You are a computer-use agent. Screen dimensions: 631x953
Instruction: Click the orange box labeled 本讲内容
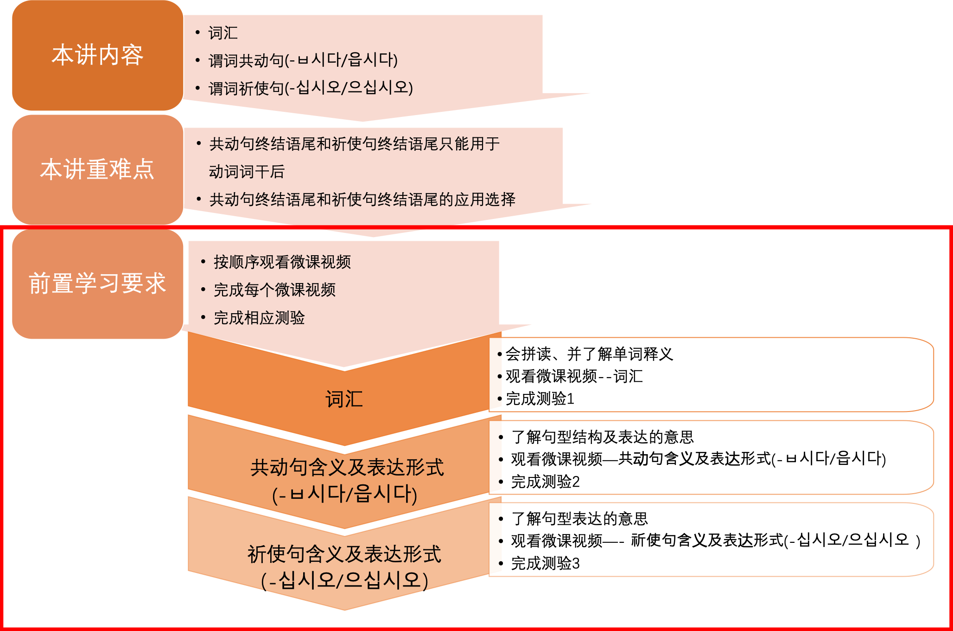click(x=97, y=55)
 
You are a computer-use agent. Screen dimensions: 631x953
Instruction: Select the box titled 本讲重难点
click(x=97, y=169)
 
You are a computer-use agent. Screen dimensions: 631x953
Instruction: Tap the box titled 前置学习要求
click(x=97, y=283)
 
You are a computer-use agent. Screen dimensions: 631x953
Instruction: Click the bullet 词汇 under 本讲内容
click(x=223, y=33)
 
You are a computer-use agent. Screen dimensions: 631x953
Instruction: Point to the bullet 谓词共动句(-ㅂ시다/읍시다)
click(x=303, y=60)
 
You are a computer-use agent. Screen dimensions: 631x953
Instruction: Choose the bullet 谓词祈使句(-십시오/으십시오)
click(x=311, y=88)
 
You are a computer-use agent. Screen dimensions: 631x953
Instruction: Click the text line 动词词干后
click(x=247, y=172)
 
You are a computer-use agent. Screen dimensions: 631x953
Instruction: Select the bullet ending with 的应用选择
click(x=362, y=200)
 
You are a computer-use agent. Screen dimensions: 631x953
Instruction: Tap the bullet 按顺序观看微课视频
click(x=282, y=262)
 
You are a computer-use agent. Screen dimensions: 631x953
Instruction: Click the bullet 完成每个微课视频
click(x=274, y=290)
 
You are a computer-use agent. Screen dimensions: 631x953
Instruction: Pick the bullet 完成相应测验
click(x=259, y=318)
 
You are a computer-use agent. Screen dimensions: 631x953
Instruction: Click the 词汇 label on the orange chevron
click(x=344, y=399)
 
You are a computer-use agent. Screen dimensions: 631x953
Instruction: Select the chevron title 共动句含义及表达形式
click(x=347, y=468)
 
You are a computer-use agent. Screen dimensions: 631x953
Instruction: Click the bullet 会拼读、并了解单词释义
click(x=589, y=354)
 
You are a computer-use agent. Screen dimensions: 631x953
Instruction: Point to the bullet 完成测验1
click(x=540, y=399)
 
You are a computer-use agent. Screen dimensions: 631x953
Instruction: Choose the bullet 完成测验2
click(x=545, y=482)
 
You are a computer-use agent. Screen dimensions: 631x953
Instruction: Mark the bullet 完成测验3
click(x=545, y=563)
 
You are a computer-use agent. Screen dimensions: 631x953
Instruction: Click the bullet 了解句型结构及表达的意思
click(x=602, y=437)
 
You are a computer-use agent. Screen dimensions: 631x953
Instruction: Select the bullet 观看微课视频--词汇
click(x=574, y=376)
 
